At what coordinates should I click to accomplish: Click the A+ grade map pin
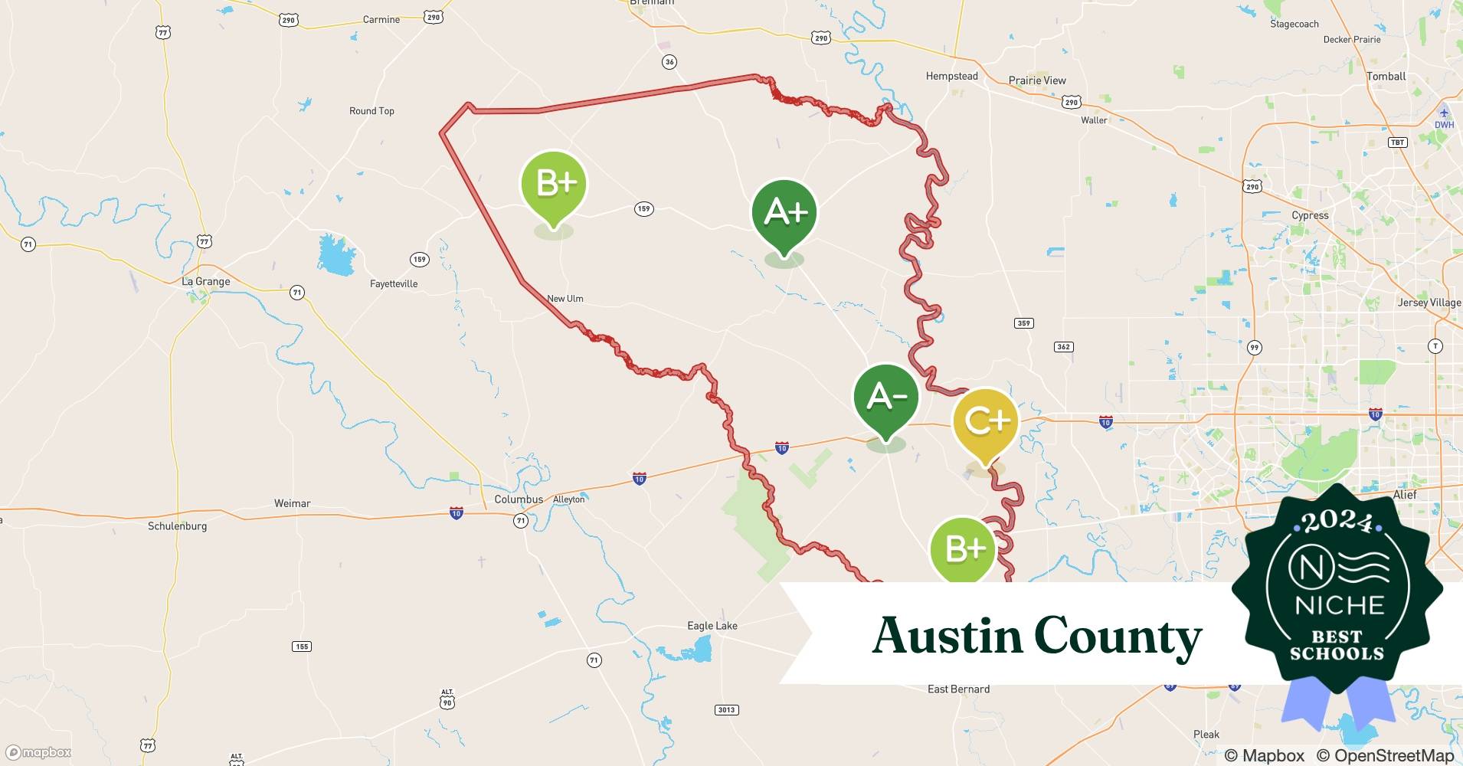pos(784,213)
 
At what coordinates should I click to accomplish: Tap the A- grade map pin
pos(886,397)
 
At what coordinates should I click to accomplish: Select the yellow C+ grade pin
pos(986,421)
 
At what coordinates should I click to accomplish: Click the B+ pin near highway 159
pos(554,184)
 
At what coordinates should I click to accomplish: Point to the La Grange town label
pos(205,282)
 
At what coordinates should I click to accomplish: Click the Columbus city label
pos(519,499)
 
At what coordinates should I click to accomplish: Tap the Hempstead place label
pos(951,77)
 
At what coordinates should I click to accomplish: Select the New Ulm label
pos(565,299)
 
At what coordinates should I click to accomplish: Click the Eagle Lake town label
pos(712,626)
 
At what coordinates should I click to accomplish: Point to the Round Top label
pos(371,111)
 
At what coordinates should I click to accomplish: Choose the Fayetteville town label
pos(394,284)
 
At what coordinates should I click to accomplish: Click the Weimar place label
pos(292,504)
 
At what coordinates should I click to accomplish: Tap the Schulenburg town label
pos(177,526)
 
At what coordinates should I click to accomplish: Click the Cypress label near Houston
pos(1310,215)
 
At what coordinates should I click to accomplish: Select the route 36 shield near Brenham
pos(669,62)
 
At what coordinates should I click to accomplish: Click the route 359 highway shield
pos(1024,323)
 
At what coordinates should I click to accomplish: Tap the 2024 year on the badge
pos(1337,522)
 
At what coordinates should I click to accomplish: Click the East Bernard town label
pos(958,689)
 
